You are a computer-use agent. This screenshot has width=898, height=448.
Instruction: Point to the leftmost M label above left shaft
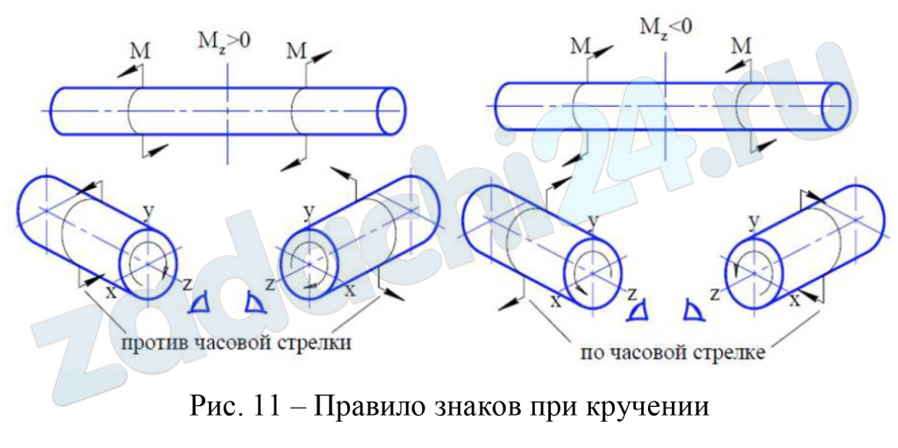tap(139, 52)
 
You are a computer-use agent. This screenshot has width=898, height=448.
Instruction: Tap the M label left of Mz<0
tap(580, 45)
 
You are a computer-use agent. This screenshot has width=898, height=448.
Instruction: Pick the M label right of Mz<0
tap(742, 45)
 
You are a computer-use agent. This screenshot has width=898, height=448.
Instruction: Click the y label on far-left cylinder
tap(148, 211)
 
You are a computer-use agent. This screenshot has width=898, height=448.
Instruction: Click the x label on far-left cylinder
tap(110, 293)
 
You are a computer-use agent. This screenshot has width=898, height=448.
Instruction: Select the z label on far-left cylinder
tap(187, 284)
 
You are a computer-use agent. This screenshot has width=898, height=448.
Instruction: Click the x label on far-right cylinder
tap(795, 300)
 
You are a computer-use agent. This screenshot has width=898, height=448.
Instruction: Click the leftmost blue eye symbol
tap(200, 303)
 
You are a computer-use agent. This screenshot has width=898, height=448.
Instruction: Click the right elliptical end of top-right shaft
tap(836, 105)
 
